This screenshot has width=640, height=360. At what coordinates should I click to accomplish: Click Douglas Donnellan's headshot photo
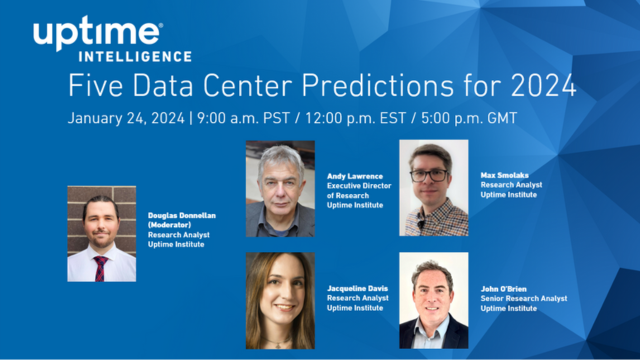101,233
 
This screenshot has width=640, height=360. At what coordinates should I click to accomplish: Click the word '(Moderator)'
169,226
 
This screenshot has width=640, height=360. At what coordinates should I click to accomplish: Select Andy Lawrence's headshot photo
280,188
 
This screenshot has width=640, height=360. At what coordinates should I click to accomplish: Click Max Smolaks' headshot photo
433,188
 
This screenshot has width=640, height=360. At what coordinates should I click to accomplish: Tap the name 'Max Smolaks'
503,174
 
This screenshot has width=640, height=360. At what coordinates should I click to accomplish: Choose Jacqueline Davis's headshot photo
280,300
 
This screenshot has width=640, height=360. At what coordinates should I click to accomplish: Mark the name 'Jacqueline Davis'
358,288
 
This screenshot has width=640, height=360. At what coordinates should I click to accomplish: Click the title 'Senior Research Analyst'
523,298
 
